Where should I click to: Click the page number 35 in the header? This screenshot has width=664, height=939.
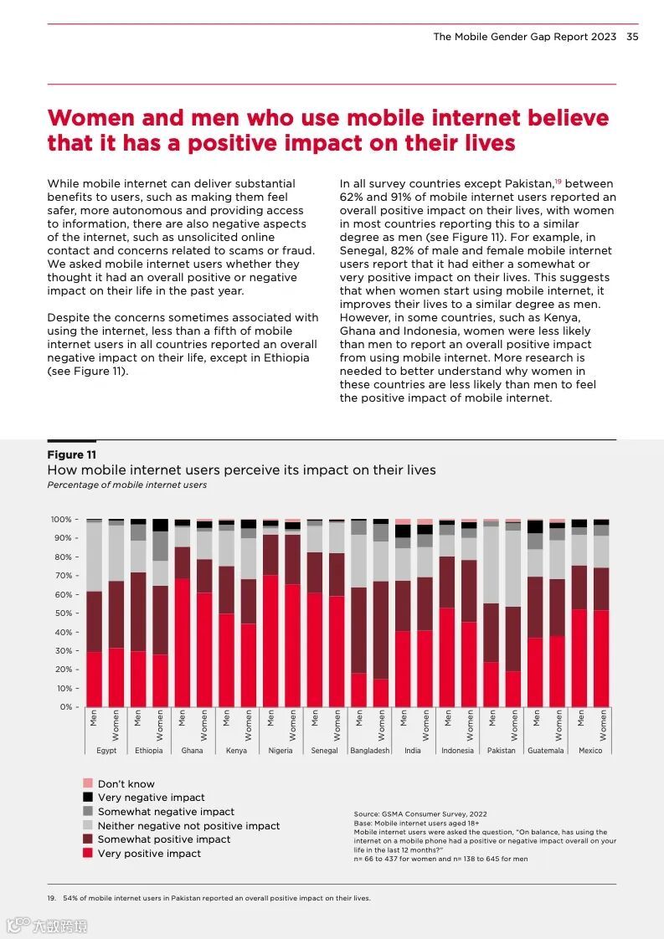coord(632,37)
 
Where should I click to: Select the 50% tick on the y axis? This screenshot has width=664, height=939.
coord(61,613)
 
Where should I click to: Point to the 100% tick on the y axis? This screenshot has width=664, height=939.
coord(61,520)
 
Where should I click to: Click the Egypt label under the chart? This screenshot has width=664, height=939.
coord(106,751)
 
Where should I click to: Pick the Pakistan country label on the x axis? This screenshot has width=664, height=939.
coord(502,751)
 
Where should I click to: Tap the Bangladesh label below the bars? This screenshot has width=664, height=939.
coord(370,751)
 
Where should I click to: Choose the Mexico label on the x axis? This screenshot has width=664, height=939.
coord(590,751)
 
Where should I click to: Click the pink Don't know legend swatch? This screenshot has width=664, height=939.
coord(87,783)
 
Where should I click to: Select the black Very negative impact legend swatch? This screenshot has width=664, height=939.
coord(87,798)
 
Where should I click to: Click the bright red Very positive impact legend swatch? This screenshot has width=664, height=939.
coord(87,853)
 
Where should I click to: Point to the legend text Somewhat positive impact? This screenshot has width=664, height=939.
coord(164,839)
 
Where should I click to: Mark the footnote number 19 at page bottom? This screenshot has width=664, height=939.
coord(51,898)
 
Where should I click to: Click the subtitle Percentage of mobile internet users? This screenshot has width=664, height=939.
coord(126,485)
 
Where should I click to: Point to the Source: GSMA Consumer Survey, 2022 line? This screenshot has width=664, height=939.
coord(420,813)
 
